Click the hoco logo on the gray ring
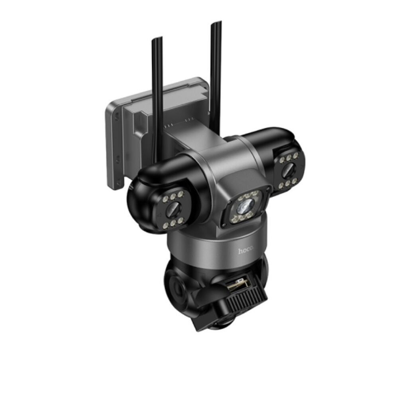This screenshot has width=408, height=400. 245,251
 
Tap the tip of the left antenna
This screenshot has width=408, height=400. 157,39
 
